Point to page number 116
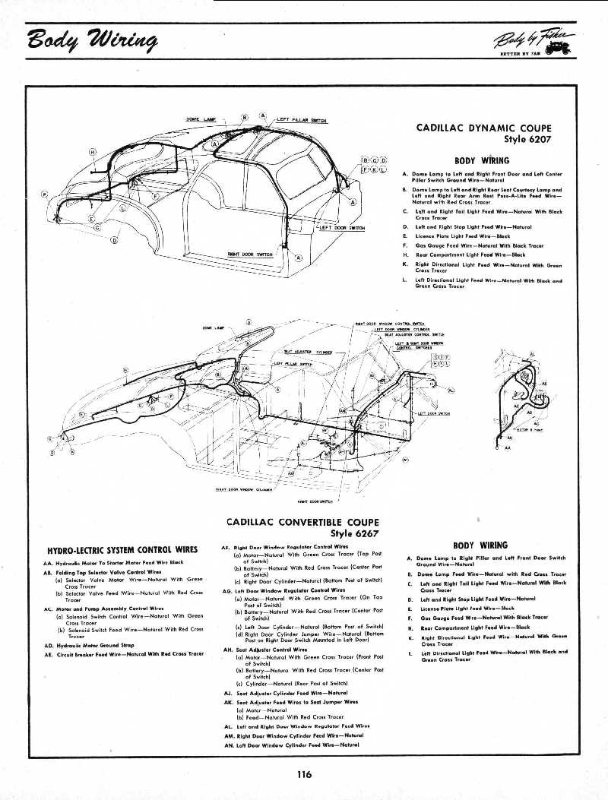point(305,774)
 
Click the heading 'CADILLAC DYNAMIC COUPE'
point(484,128)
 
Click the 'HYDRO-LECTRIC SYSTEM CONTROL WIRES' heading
point(122,549)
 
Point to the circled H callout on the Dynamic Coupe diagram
point(93,152)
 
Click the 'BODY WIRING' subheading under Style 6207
point(481,160)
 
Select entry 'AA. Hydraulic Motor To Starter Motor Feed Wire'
point(114,562)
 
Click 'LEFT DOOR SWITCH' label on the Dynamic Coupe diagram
point(342,227)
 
